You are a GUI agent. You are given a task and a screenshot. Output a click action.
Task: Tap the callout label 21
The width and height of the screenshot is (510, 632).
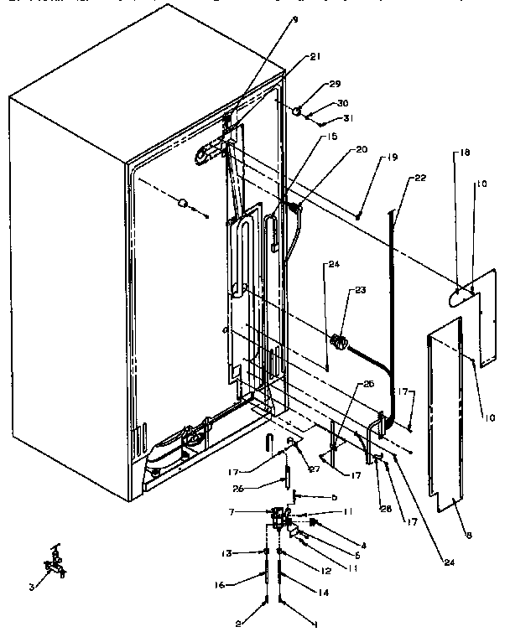[315, 57]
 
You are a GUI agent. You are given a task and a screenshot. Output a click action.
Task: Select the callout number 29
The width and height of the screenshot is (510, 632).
[336, 85]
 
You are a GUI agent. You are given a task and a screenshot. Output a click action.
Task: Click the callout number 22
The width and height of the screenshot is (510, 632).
[420, 178]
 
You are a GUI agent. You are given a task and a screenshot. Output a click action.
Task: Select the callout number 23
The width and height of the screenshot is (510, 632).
[360, 291]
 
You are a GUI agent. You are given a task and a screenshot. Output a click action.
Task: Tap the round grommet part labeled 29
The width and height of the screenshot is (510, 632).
[298, 111]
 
